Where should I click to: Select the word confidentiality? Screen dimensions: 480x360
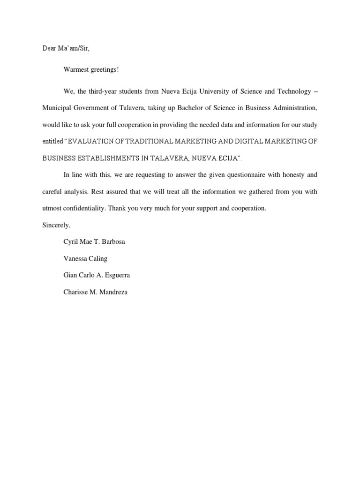tap(82, 208)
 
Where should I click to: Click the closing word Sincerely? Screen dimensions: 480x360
tap(56, 225)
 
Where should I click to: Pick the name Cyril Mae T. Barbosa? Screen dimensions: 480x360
tap(94, 242)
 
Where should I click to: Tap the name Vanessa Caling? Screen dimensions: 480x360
tap(85, 258)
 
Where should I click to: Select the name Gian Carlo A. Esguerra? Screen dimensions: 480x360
tap(97, 275)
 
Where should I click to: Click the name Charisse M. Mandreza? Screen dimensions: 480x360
tap(95, 292)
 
